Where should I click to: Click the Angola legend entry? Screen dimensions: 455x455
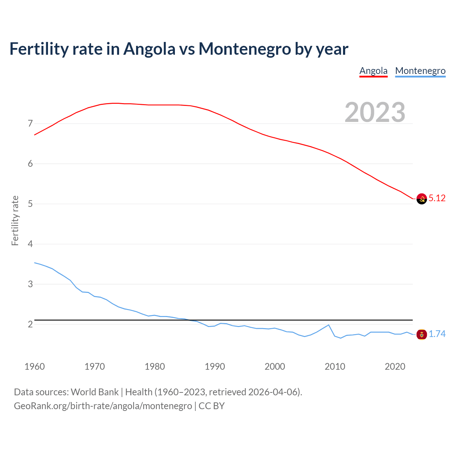[373, 71]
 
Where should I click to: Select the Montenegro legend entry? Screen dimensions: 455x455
[420, 71]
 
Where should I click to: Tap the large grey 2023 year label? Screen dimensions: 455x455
[375, 112]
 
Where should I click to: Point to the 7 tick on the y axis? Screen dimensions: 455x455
[30, 124]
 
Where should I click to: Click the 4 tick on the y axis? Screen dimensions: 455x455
[30, 244]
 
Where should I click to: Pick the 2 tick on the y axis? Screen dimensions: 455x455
[30, 324]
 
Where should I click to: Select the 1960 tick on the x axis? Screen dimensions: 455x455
[34, 366]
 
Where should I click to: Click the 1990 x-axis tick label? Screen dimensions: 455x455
[215, 366]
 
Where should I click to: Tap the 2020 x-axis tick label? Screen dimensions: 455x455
[395, 366]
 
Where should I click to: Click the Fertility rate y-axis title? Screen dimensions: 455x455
[15, 220]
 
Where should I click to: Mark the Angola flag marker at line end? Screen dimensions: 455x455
[422, 199]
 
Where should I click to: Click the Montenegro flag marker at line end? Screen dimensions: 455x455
[422, 334]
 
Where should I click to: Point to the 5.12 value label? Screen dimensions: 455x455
[437, 198]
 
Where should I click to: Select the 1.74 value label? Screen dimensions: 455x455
[437, 334]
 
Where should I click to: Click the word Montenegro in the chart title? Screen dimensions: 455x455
[245, 49]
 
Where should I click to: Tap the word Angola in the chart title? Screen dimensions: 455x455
[149, 49]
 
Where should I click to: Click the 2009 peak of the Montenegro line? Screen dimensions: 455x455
[329, 325]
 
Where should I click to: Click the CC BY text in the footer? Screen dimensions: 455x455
[212, 406]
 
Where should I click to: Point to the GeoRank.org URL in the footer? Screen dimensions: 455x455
[103, 406]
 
